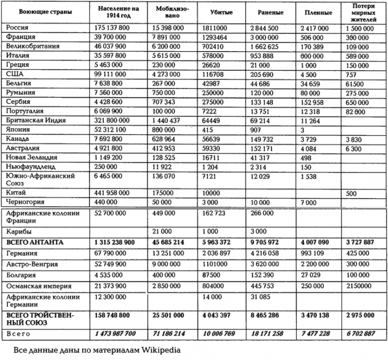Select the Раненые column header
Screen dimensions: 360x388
261,13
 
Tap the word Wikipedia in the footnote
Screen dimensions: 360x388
156,351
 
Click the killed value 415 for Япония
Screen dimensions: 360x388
208,130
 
